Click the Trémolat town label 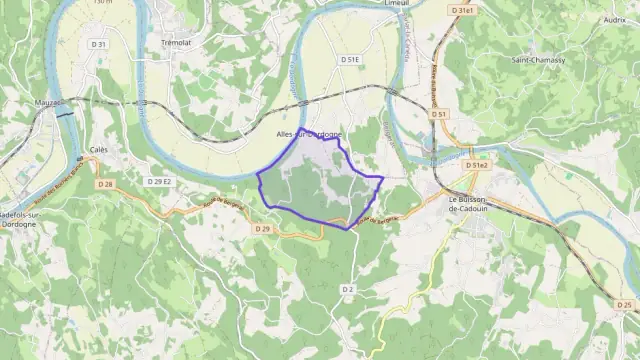[176, 43]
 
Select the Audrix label [615, 19]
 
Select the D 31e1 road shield [461, 10]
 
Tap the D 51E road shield [349, 60]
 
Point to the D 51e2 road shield [478, 165]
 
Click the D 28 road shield [105, 184]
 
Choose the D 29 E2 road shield [159, 181]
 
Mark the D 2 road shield [348, 289]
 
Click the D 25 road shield [625, 305]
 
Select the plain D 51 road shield [439, 115]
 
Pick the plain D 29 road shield [262, 229]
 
